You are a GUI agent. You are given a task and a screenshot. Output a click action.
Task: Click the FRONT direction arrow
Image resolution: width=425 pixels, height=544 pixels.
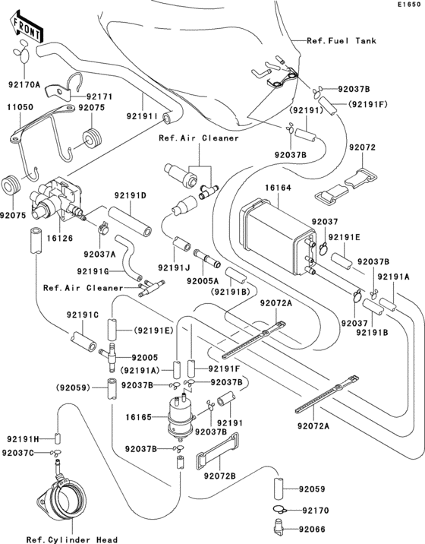(x=26, y=30)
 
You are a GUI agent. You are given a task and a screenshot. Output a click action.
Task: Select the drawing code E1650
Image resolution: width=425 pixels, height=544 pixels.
(x=408, y=5)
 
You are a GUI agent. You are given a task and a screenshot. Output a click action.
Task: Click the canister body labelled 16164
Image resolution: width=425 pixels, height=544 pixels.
(x=272, y=232)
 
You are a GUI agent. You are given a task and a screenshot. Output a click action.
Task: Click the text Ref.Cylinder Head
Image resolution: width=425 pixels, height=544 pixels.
(x=71, y=539)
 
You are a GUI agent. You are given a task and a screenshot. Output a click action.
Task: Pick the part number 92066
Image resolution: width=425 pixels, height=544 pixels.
(x=313, y=523)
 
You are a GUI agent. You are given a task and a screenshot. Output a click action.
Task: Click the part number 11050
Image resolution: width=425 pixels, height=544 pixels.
(x=20, y=109)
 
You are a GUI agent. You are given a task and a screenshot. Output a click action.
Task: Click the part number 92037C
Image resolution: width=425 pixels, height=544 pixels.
(x=18, y=453)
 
